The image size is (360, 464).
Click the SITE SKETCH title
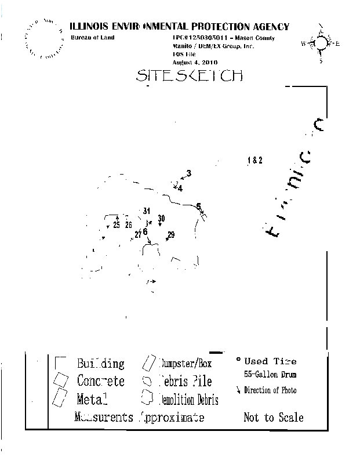(x=189, y=75)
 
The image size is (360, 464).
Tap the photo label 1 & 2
(x=255, y=161)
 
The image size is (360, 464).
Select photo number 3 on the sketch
(x=189, y=173)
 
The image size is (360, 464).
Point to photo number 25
(x=117, y=225)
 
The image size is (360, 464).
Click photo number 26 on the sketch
(x=129, y=225)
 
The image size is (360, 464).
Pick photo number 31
(x=147, y=211)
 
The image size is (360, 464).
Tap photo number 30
(x=161, y=218)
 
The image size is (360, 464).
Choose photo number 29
(x=171, y=234)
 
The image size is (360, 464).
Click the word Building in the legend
(x=101, y=364)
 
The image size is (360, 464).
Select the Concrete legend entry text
(x=101, y=381)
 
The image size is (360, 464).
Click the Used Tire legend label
(x=270, y=361)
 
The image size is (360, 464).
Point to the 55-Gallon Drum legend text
(x=271, y=375)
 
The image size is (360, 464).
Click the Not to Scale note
(x=274, y=417)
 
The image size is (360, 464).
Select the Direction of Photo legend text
(x=270, y=390)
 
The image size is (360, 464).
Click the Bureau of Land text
(x=93, y=38)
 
